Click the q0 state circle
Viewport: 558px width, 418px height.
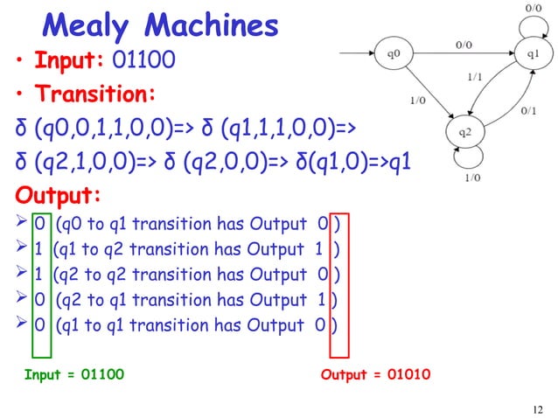coord(395,53)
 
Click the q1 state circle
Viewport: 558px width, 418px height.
coord(533,53)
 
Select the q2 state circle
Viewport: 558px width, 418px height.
coord(465,135)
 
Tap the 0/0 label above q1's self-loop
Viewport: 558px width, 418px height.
coord(532,7)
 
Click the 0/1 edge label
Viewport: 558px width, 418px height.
coord(528,111)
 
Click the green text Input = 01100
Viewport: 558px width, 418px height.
coord(73,375)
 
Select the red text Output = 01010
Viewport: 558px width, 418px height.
coord(375,375)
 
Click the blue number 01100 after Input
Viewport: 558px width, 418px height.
coord(143,64)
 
